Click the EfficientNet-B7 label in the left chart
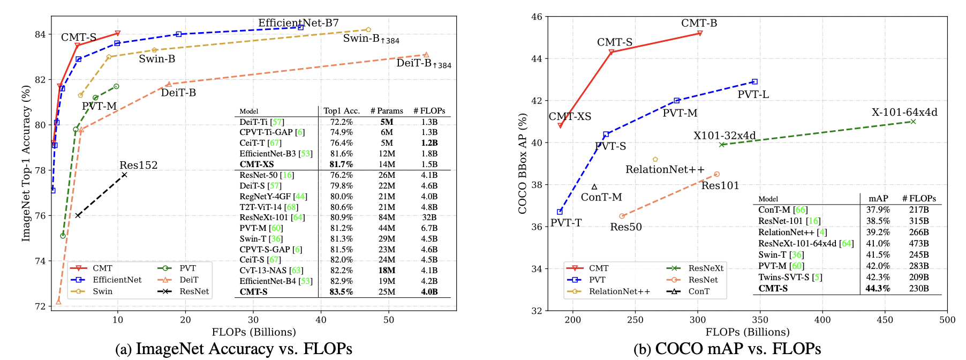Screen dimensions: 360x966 coord(298,23)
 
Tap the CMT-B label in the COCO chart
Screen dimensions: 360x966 coord(699,23)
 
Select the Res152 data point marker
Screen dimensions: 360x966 coord(124,175)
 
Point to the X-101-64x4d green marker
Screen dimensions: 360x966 coord(913,122)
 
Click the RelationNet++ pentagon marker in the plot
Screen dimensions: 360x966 coord(655,160)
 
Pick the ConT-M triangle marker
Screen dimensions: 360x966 coord(594,187)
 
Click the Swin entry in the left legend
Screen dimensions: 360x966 coord(102,291)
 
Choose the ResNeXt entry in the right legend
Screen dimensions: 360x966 coord(706,268)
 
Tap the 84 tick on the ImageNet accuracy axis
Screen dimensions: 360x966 coord(40,34)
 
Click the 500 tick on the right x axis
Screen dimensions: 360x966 coord(947,320)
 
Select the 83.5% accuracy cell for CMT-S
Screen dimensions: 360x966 coord(342,292)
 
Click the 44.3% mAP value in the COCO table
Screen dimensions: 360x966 coord(878,288)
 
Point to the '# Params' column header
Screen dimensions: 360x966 coord(387,111)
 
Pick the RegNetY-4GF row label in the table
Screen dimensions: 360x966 coord(273,197)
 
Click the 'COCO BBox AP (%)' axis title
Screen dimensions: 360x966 coord(523,163)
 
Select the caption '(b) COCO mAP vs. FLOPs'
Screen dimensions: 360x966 coord(727,349)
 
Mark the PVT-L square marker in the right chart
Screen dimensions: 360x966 coord(754,82)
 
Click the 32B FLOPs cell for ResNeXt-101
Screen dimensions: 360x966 coord(429,217)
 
